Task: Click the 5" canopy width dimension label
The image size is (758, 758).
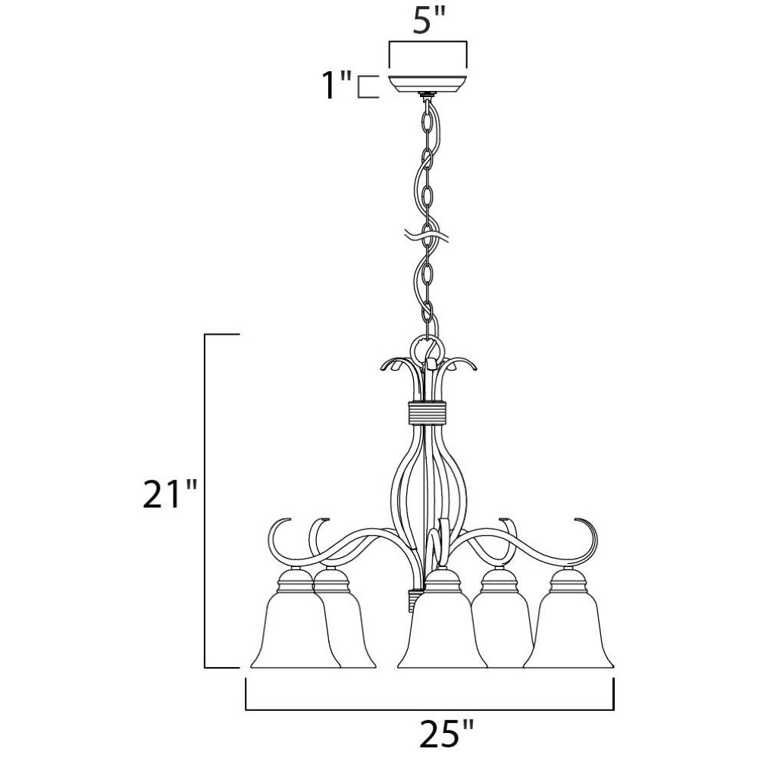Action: (428, 20)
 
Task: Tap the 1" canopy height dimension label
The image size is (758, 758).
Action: (337, 85)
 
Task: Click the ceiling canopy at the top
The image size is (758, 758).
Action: (428, 83)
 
